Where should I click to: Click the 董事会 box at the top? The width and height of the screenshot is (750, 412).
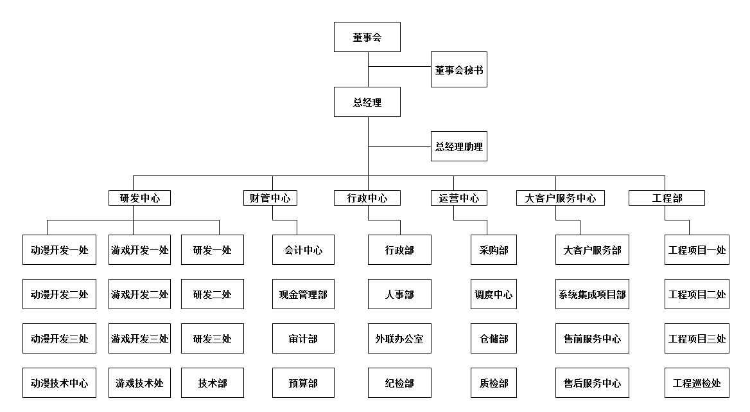[367, 37]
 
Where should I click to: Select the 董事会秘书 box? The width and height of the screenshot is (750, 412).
[458, 69]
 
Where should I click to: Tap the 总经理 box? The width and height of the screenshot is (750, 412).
[367, 102]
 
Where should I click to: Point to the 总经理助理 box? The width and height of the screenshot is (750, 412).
[458, 147]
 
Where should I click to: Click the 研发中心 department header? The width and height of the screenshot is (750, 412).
[140, 198]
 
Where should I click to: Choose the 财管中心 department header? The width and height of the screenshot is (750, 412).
[270, 198]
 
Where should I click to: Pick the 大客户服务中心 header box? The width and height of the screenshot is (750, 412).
[560, 198]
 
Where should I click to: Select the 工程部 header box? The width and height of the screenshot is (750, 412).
[667, 198]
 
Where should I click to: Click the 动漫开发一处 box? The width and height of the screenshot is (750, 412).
[59, 250]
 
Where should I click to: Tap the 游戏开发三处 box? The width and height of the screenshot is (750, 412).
[140, 338]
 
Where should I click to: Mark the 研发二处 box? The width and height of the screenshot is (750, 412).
[213, 294]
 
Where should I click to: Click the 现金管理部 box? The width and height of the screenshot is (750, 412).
[303, 294]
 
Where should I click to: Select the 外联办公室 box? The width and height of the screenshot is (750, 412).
[399, 338]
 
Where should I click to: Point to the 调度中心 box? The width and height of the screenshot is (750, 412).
[494, 294]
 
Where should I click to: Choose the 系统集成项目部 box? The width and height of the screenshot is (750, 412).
[592, 294]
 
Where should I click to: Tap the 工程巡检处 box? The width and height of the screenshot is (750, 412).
[697, 383]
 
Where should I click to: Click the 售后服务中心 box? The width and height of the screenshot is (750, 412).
[592, 383]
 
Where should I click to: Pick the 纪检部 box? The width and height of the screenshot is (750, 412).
[399, 383]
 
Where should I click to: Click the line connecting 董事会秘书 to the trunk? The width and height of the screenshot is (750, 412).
[399, 66]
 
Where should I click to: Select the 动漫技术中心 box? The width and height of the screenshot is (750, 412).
[59, 383]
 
